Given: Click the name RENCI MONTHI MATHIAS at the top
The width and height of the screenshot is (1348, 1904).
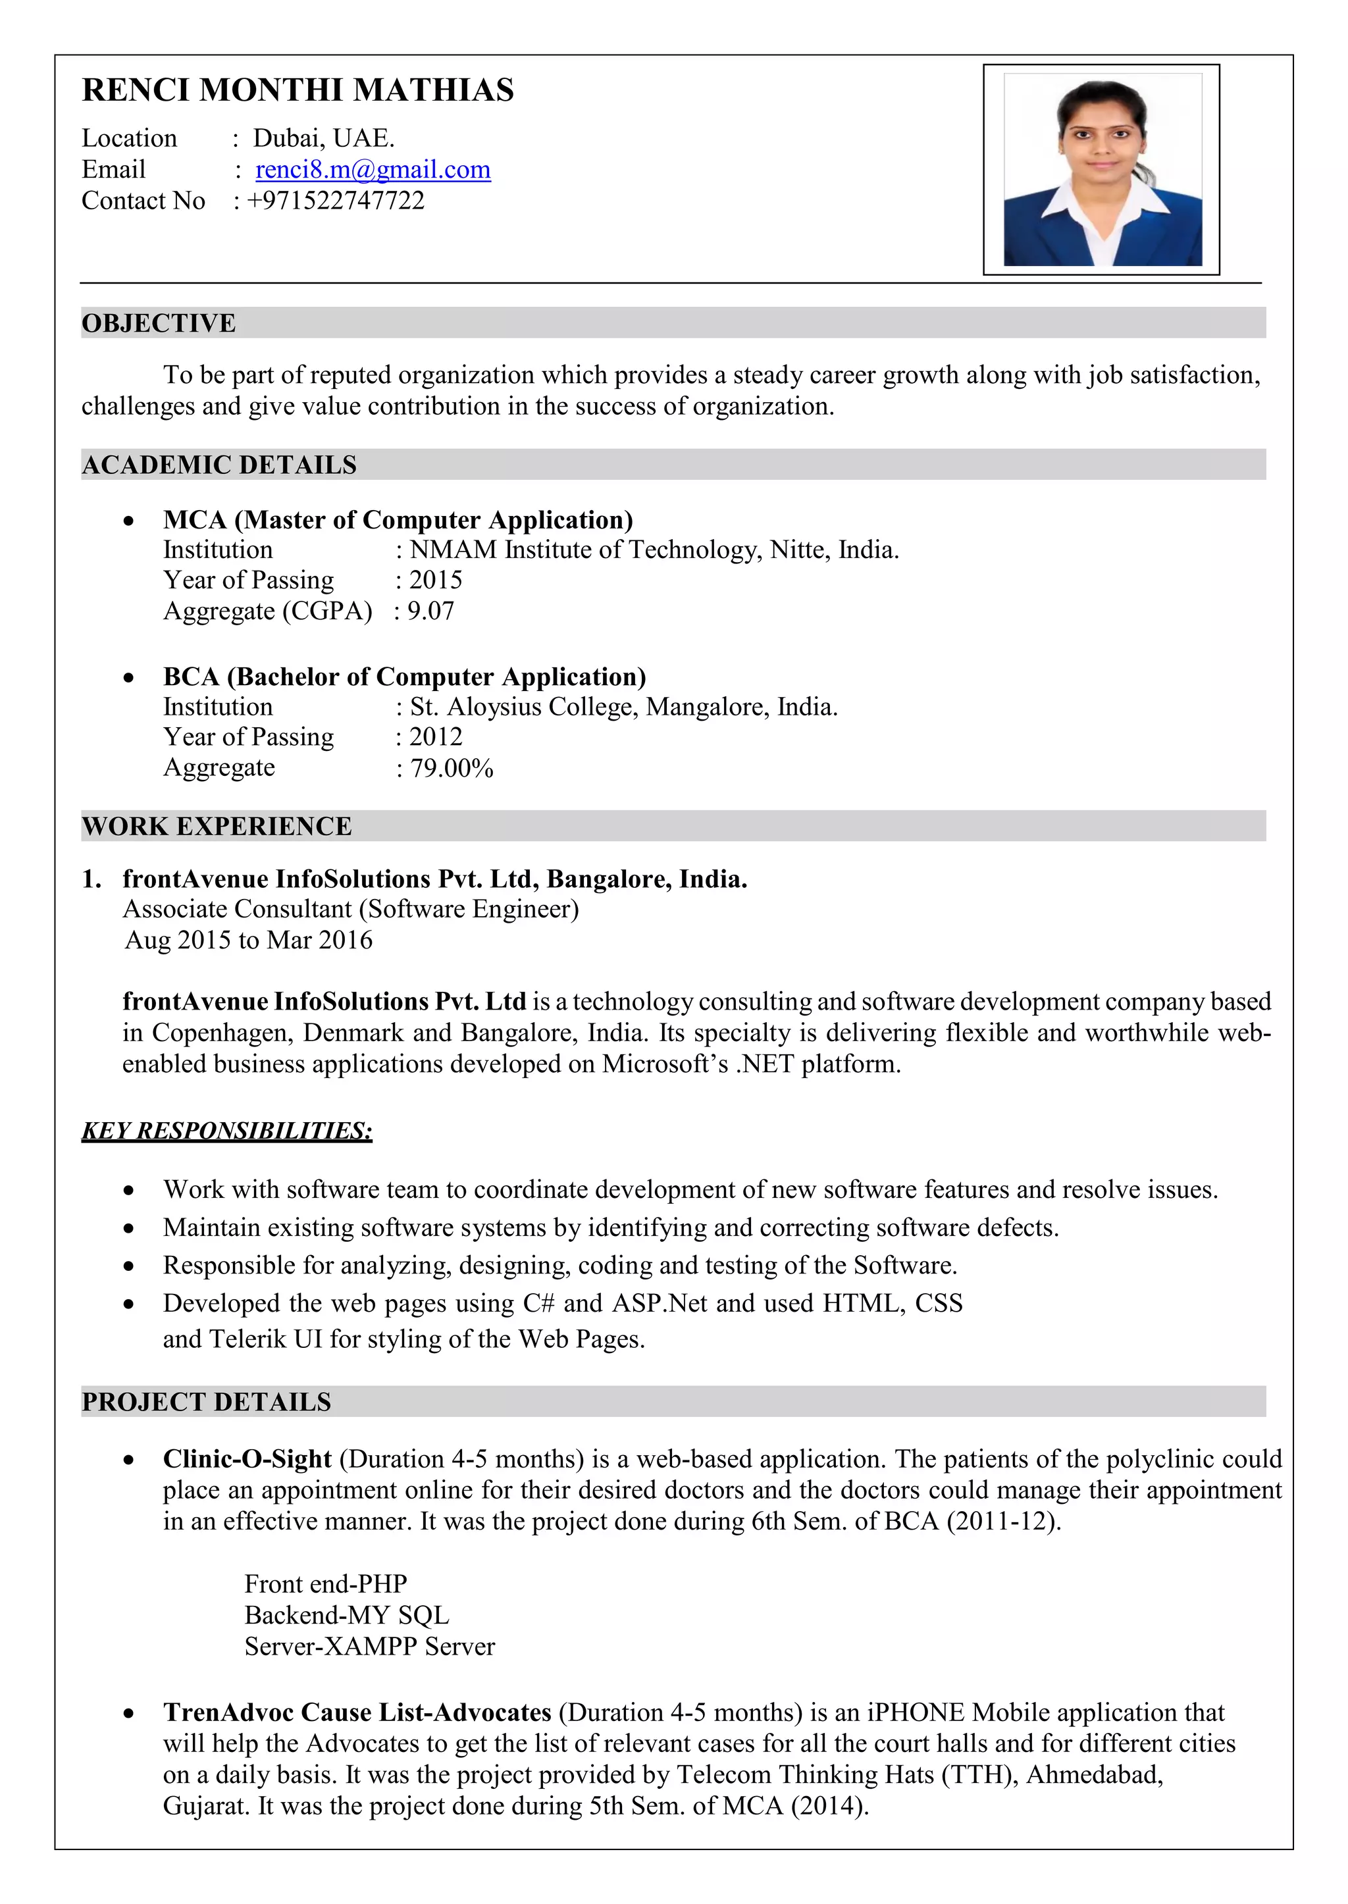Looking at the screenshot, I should pos(298,90).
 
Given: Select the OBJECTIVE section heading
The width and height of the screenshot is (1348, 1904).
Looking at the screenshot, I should pos(159,323).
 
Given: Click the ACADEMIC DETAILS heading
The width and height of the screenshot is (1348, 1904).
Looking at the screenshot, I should pos(219,465).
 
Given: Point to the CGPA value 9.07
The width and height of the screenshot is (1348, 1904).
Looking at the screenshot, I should pos(431,611).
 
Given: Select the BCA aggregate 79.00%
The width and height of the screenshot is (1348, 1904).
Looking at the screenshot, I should pos(452,769).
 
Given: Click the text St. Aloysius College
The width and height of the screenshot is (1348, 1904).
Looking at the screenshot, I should pos(525,707).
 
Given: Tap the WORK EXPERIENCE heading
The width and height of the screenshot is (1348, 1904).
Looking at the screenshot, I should pos(217,827).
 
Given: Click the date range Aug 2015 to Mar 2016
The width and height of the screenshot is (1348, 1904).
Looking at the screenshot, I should pos(248,940).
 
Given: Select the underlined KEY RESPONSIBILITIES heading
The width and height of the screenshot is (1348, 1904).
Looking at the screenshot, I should pos(226,1131).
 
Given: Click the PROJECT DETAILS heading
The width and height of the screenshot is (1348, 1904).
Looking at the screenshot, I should pos(207,1402).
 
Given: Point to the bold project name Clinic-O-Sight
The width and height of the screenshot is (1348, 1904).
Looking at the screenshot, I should pos(247,1459).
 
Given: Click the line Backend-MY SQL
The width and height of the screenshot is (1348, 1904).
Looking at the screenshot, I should pos(346,1615).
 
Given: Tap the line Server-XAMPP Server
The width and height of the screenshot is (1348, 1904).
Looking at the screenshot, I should pos(369,1647).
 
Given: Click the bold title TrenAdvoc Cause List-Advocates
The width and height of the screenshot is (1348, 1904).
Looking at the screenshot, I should pos(357,1712).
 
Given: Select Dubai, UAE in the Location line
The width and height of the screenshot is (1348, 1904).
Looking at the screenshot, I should pos(324,138).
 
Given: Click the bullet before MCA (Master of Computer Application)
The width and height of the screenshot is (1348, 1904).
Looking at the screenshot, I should pos(128,521).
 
